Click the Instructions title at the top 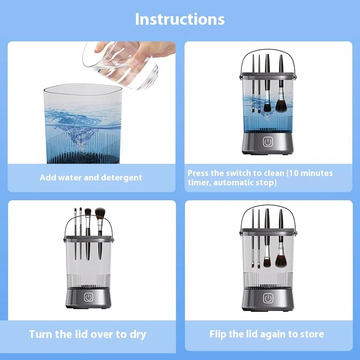pos(180,19)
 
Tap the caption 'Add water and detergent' pos(90,177)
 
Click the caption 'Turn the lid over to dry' pos(87,334)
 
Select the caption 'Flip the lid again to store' pos(266,334)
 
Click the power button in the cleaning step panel pos(268,142)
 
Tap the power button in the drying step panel pos(89,297)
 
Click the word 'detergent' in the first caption pos(122,177)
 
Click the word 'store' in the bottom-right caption pos(311,334)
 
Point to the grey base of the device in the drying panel pos(89,299)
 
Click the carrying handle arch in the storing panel pos(268,215)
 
